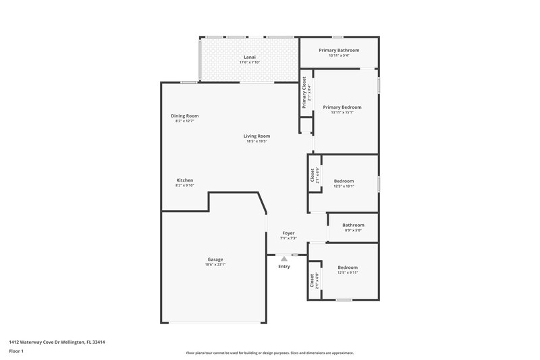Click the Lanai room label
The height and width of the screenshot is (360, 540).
coord(250,57)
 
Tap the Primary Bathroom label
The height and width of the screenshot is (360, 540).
coord(339,50)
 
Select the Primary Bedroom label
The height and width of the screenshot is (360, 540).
coord(342,107)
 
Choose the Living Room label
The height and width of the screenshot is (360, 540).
coord(256,136)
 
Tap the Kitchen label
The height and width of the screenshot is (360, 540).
coord(185,180)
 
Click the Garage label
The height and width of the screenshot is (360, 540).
coord(215,259)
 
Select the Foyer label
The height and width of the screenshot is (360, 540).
coord(288,232)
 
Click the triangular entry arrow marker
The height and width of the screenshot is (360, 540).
coord(284,257)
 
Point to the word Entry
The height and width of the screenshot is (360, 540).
coord(284,266)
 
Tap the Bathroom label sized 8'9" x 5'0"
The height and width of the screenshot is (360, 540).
coord(353,225)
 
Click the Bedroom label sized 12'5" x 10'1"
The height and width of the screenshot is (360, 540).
coord(344,180)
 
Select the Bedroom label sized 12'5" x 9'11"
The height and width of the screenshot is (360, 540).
coord(348,267)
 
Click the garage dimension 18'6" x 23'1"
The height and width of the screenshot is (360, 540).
coord(215,265)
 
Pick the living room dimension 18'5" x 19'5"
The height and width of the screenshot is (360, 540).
coord(256,141)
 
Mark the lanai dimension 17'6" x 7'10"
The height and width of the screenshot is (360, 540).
coord(250,62)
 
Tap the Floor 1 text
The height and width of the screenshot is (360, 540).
coord(16,351)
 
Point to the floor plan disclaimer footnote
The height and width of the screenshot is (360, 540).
coord(269,353)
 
